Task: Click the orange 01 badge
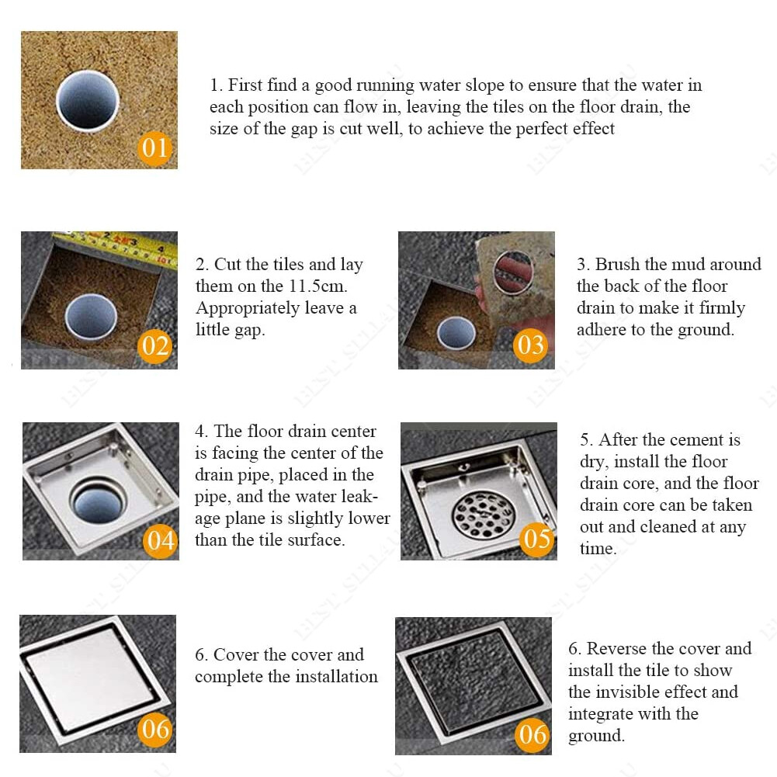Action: pos(154,148)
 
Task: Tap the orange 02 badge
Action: pos(154,346)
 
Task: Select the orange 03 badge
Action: pos(530,345)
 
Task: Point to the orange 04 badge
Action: pos(161,540)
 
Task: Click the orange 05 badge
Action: pos(536,539)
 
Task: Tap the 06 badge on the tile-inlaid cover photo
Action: pos(532,734)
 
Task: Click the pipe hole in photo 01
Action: pos(88,101)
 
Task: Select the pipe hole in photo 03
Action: pos(456,333)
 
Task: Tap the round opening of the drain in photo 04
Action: pos(97,501)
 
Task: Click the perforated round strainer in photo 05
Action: pos(483,515)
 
